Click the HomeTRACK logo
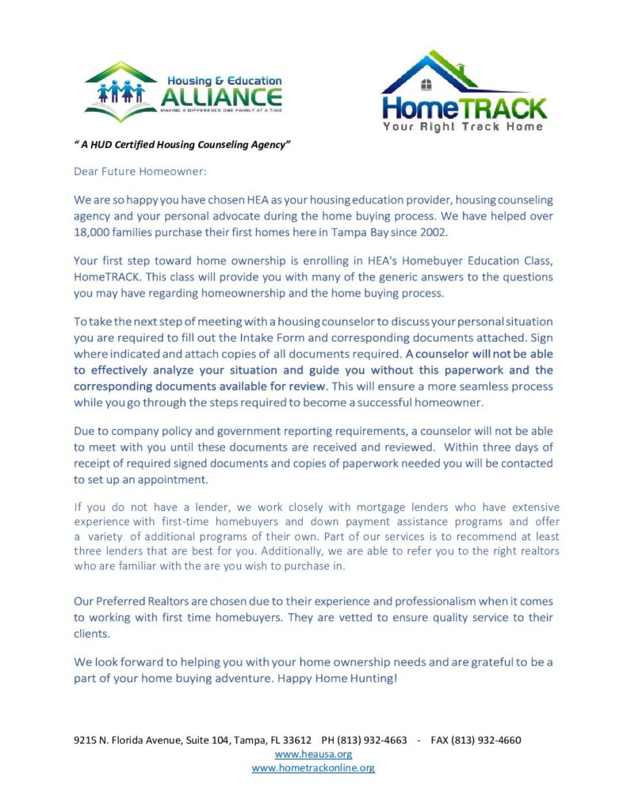tap(464, 93)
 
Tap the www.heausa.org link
tap(313, 754)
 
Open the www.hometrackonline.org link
tap(313, 767)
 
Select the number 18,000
tap(95, 233)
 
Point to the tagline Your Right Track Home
tap(464, 126)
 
